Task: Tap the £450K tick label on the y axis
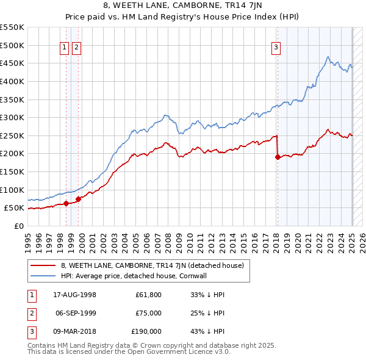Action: pyautogui.click(x=12, y=63)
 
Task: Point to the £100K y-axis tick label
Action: pyautogui.click(x=12, y=190)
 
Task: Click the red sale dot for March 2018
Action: pyautogui.click(x=278, y=157)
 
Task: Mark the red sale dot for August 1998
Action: pyautogui.click(x=66, y=204)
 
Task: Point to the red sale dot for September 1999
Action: pyautogui.click(x=78, y=199)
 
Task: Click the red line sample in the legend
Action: pyautogui.click(x=43, y=266)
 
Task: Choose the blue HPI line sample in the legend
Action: pyautogui.click(x=43, y=276)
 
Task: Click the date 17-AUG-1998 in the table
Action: pyautogui.click(x=74, y=295)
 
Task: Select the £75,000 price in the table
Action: pyautogui.click(x=148, y=313)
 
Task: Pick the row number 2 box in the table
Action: pyautogui.click(x=30, y=313)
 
